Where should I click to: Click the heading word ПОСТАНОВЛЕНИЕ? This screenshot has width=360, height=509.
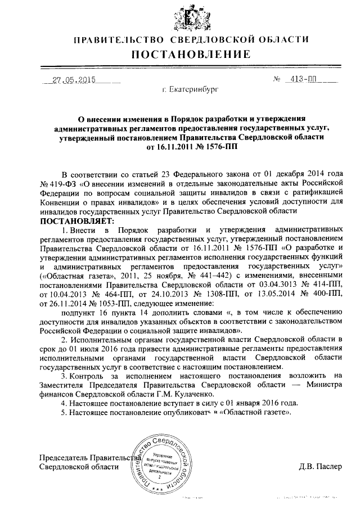190,55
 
